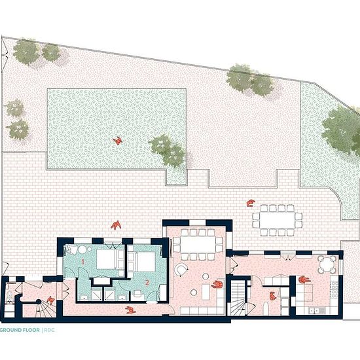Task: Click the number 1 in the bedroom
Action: (x=83, y=262)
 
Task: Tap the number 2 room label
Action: (x=147, y=282)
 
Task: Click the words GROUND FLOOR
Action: (x=20, y=330)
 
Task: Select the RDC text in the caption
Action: (x=49, y=330)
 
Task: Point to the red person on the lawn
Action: (x=118, y=141)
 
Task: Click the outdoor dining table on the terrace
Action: (x=277, y=220)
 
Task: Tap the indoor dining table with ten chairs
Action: (x=198, y=245)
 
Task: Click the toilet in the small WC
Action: (x=10, y=295)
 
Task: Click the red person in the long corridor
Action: (x=130, y=310)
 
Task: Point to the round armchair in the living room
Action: (x=181, y=270)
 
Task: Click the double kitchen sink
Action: (x=316, y=311)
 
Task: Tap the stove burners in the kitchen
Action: (x=334, y=290)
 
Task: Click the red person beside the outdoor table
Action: (x=251, y=203)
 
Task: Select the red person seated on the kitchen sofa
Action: (x=304, y=279)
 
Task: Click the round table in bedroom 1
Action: (x=82, y=249)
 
